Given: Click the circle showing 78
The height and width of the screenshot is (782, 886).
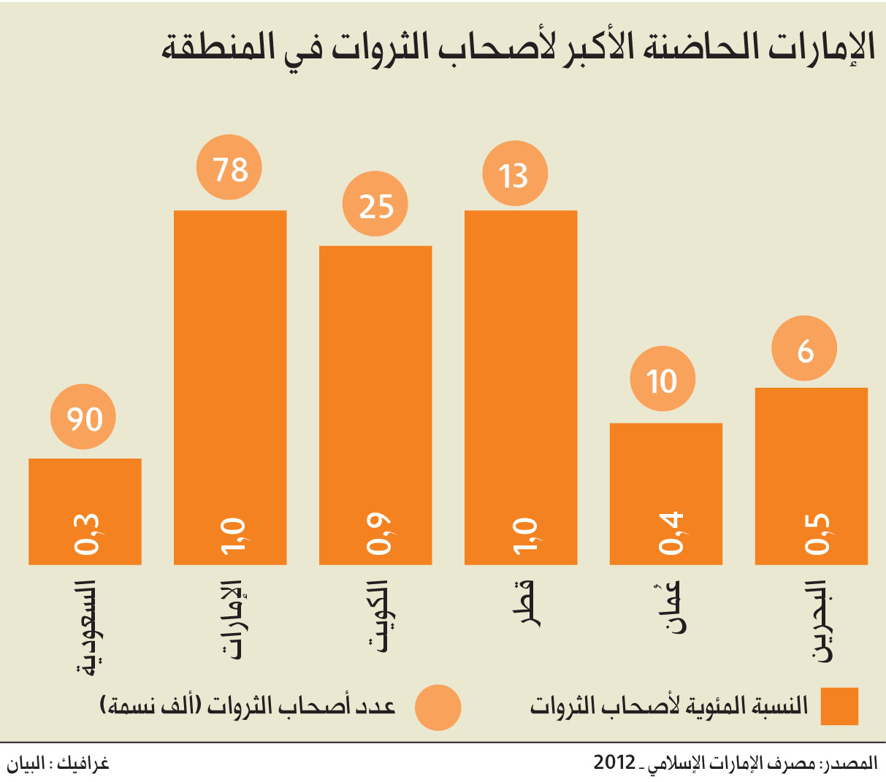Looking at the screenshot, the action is tap(229, 167).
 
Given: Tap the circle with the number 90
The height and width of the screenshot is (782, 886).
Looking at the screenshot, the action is tap(83, 417).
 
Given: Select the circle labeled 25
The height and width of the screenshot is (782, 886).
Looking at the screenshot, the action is tap(375, 204).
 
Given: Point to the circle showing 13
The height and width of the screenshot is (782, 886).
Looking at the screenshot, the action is tap(515, 173).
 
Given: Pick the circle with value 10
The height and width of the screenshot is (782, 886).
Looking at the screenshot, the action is tap(662, 378).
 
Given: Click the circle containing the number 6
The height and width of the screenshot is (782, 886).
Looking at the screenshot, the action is tap(804, 348).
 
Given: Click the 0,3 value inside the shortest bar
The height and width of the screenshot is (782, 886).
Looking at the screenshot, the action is tap(86, 534).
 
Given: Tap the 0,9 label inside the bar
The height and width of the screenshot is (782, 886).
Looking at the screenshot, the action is tap(378, 534).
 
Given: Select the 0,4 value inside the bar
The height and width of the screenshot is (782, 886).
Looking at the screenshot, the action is tap(671, 533).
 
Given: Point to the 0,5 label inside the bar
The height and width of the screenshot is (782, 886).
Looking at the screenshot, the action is tap(817, 534).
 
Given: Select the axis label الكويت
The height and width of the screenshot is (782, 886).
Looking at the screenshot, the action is tap(377, 616).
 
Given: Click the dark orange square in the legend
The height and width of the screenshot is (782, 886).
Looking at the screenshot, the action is tap(839, 706).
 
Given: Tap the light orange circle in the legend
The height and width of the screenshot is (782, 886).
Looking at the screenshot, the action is tap(438, 708).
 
